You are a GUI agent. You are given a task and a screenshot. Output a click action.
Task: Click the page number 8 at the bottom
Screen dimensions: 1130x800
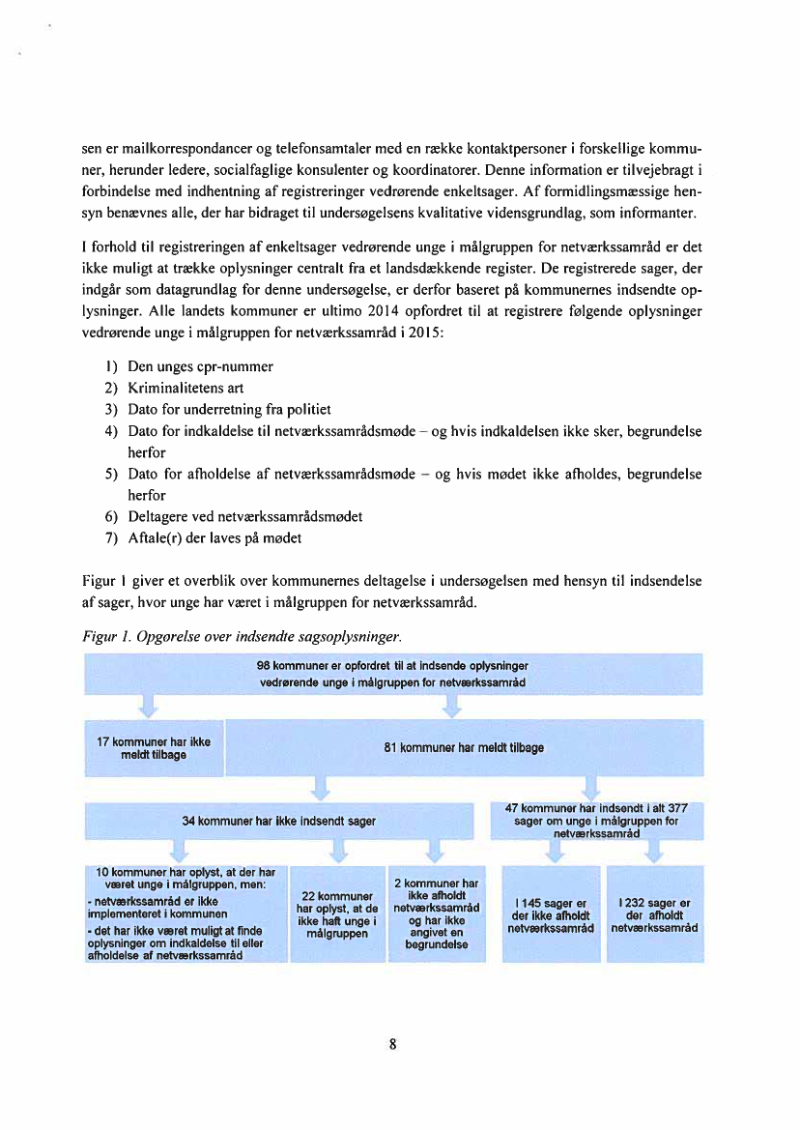click(x=393, y=1044)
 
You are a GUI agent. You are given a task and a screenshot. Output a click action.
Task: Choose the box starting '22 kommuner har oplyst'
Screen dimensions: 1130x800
click(x=338, y=913)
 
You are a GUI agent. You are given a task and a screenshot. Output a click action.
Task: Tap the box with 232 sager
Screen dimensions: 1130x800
click(x=651, y=913)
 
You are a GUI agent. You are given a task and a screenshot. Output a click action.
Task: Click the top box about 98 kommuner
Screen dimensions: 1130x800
click(x=392, y=674)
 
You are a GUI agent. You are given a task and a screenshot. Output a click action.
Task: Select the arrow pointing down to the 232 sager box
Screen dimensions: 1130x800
click(x=653, y=852)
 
